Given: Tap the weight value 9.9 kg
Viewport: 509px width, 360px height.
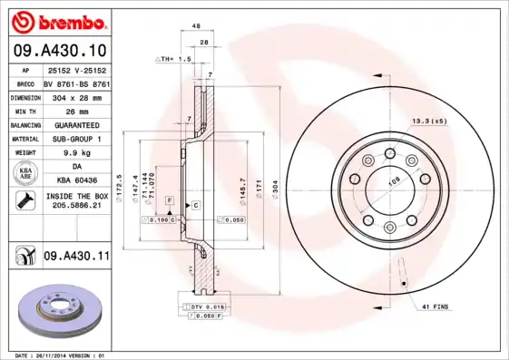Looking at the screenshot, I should tap(76, 153).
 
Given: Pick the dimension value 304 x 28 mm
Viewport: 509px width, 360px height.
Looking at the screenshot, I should tap(76, 96).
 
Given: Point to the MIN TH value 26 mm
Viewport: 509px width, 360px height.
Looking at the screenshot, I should tap(76, 111).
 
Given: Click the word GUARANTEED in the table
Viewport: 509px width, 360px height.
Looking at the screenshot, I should tap(76, 125).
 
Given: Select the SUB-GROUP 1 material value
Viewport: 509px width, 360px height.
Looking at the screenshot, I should tap(76, 139).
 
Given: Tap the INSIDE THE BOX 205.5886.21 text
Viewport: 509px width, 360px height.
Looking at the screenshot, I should tap(76, 200).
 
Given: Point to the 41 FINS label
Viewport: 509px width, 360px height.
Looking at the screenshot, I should tap(435, 307).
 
